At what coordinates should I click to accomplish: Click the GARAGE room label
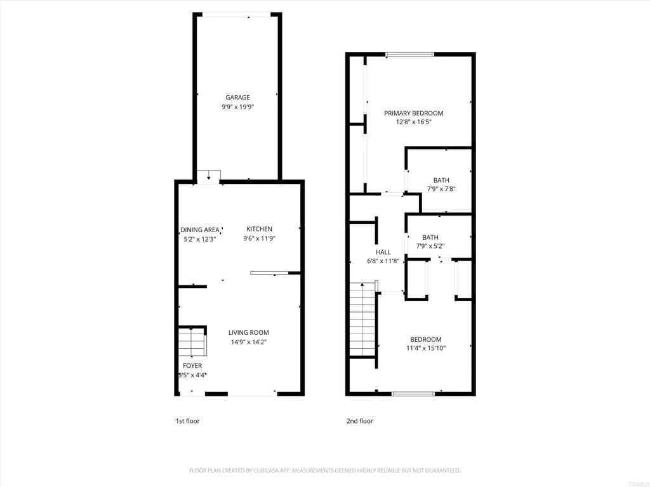tap(237, 98)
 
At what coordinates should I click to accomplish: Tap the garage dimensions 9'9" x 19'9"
tap(237, 107)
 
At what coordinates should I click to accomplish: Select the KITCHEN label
tap(259, 229)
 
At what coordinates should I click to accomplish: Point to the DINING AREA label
tap(200, 230)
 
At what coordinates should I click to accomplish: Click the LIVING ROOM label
tap(249, 332)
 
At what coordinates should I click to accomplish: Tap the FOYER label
tap(192, 366)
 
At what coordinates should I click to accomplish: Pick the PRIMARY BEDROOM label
tap(413, 113)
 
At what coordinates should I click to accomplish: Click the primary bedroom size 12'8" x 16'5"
tap(413, 122)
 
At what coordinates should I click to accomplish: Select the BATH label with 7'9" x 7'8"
tap(441, 180)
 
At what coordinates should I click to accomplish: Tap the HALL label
tap(383, 252)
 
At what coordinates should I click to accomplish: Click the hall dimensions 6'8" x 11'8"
tap(383, 261)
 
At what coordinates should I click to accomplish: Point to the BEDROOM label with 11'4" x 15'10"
tap(425, 339)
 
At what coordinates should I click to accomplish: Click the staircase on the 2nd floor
tap(362, 321)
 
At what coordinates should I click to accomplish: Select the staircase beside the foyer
tap(192, 343)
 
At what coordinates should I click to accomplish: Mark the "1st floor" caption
tap(187, 421)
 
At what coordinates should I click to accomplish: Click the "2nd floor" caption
tap(359, 421)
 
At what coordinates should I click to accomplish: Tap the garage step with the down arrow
tap(208, 176)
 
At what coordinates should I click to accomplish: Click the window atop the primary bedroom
tap(410, 55)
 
